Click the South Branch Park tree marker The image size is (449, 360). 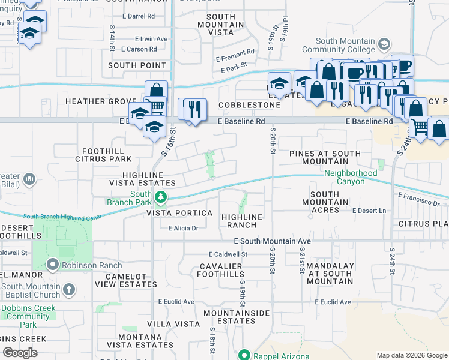160,197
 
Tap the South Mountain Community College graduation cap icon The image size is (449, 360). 384,44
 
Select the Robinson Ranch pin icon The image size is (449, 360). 53,265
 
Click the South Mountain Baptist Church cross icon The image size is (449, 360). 69,290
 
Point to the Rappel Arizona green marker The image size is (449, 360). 244,355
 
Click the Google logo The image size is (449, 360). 20,353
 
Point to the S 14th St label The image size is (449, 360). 112,37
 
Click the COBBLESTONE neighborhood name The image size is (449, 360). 249,105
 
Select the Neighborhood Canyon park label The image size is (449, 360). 351,177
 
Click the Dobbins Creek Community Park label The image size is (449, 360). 29,316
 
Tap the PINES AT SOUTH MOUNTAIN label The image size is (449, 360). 325,157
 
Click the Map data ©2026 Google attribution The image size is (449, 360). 412,355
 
